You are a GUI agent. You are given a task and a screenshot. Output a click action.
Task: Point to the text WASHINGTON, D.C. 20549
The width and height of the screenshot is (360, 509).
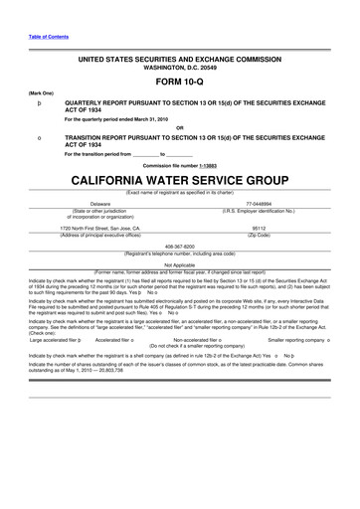point(180,66)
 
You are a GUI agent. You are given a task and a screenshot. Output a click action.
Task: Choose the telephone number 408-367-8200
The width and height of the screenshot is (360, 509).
point(180,246)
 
